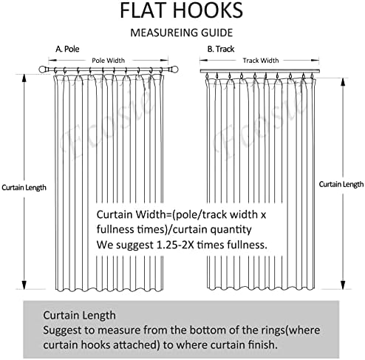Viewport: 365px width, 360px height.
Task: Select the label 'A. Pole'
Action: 67,49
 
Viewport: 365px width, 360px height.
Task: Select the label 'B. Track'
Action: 221,49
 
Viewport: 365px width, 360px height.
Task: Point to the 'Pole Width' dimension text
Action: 109,61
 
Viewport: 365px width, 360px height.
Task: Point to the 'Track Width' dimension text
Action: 261,61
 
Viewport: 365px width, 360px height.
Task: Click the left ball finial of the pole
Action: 43,69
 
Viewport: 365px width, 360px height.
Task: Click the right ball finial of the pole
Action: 174,69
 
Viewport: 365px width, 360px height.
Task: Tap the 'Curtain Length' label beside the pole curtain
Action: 24,188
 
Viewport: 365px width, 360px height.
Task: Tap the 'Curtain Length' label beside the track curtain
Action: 341,184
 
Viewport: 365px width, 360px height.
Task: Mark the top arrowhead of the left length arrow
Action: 24,78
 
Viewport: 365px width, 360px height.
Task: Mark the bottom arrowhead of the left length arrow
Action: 24,285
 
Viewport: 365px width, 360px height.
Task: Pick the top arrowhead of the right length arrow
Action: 343,82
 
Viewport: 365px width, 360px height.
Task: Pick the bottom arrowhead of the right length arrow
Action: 343,285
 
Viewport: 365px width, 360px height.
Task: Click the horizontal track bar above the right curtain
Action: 260,71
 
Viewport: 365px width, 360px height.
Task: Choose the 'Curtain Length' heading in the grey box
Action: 79,316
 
